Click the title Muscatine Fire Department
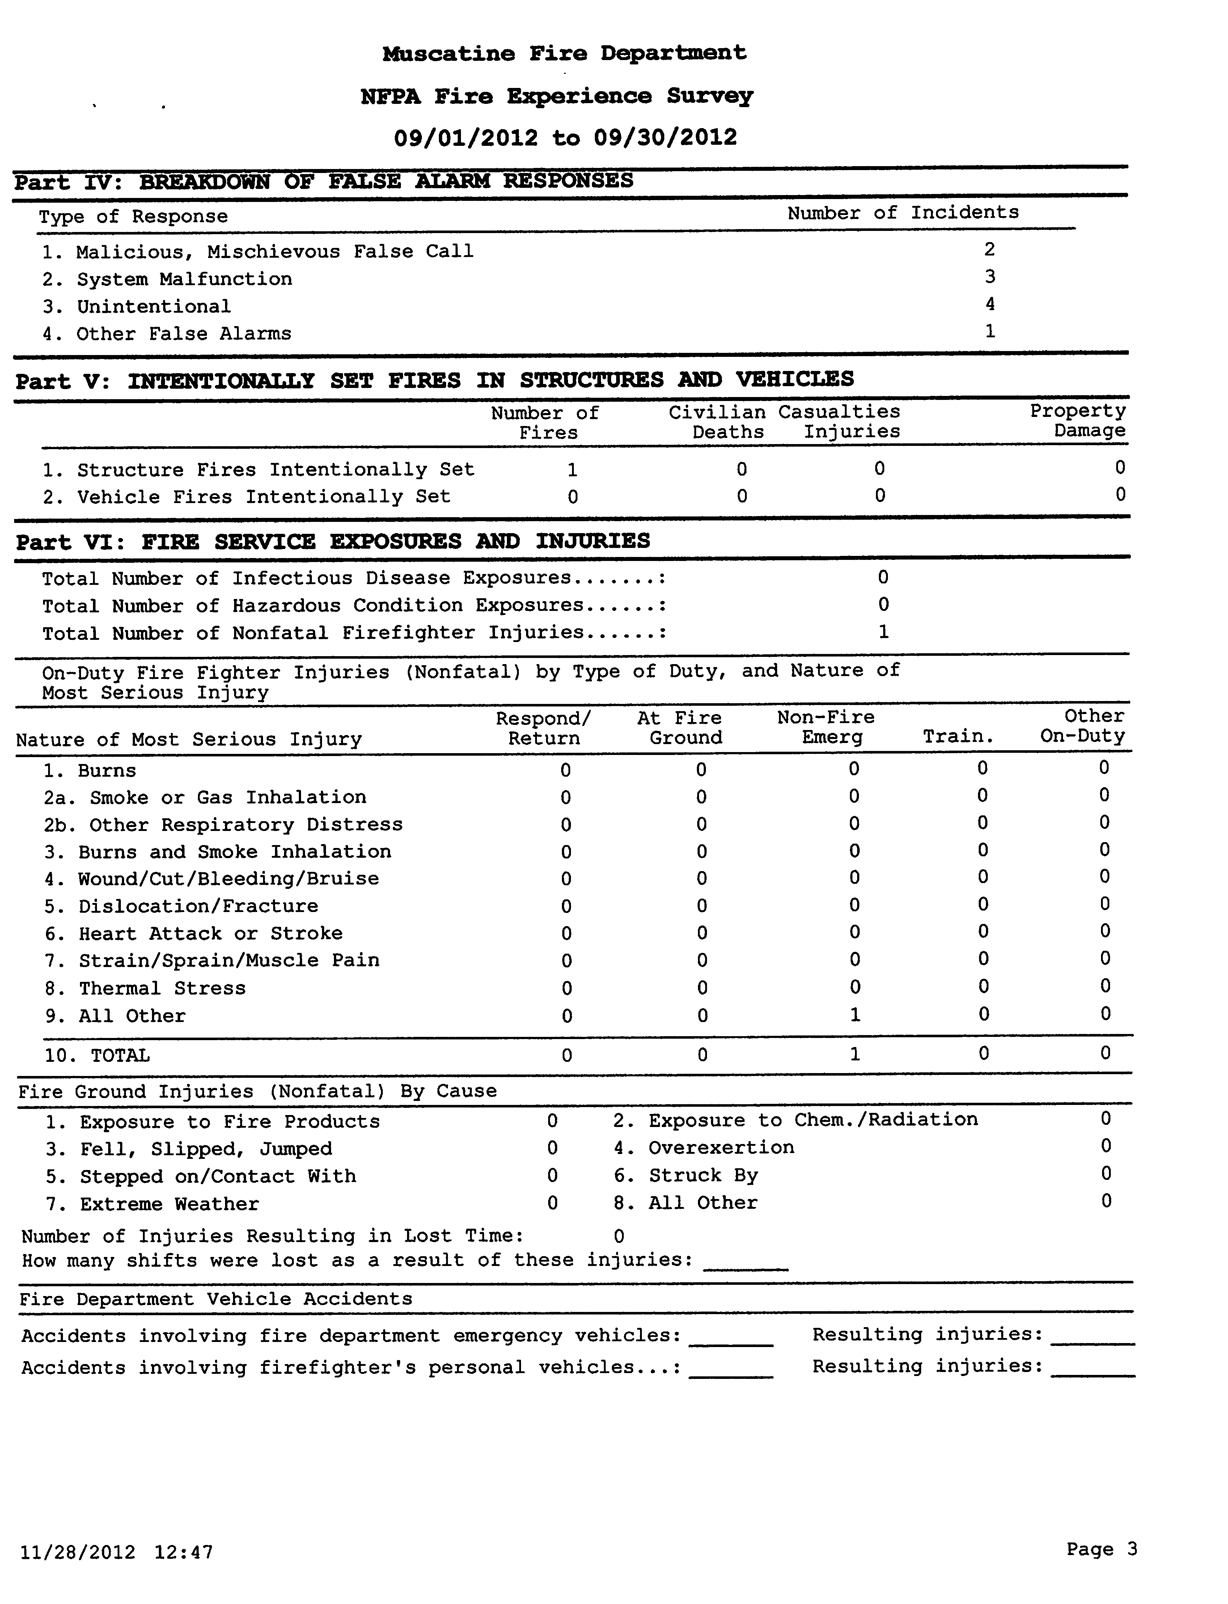[x=564, y=53]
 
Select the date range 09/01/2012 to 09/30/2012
[x=565, y=138]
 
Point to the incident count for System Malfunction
[x=990, y=277]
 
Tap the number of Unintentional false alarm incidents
[x=990, y=304]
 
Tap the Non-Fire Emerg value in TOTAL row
[x=855, y=1054]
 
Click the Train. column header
[x=958, y=737]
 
